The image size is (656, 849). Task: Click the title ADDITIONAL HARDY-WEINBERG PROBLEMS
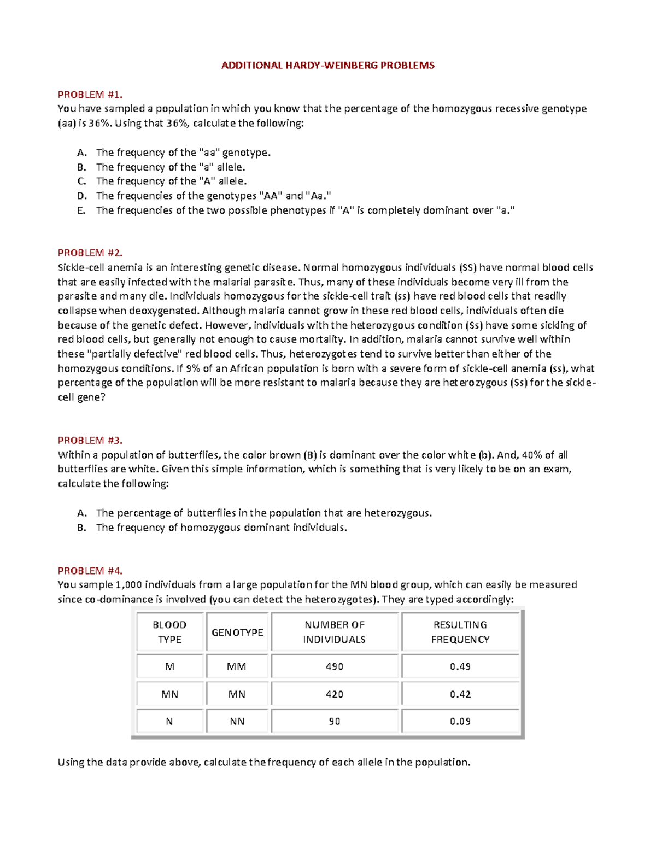point(327,66)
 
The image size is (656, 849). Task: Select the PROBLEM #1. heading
point(90,95)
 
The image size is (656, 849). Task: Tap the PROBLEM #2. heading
point(90,253)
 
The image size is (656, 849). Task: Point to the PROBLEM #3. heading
point(90,440)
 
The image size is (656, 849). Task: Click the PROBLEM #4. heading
point(90,571)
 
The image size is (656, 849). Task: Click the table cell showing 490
point(335,666)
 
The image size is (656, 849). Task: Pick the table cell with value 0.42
point(460,694)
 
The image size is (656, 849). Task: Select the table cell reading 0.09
point(460,722)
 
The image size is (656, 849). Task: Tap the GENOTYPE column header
point(237,633)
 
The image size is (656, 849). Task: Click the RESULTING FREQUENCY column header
point(460,632)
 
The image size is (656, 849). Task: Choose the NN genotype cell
point(237,722)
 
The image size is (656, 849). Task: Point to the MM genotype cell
point(237,666)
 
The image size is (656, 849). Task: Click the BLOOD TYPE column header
point(169,632)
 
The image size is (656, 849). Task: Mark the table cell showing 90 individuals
point(335,722)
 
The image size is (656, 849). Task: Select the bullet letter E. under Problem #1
point(81,210)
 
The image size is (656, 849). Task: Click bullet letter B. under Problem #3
point(81,528)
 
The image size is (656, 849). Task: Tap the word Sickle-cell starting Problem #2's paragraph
point(81,267)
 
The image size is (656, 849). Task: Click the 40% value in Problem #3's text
point(531,455)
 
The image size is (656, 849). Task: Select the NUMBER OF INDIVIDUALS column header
point(335,632)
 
